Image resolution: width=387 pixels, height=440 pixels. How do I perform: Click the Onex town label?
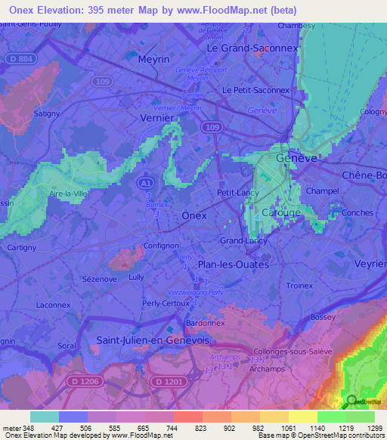(x=194, y=215)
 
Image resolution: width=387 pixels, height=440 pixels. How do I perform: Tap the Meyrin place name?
(x=153, y=59)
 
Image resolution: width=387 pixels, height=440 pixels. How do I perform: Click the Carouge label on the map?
(x=280, y=213)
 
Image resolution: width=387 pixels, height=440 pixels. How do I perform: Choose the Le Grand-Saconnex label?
(x=243, y=47)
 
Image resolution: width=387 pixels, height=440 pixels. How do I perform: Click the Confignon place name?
(x=161, y=246)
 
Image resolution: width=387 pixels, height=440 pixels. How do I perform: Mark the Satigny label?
(x=46, y=114)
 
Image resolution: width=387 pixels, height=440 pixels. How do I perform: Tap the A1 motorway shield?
(x=145, y=183)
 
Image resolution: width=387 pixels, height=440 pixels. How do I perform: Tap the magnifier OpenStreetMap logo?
(x=351, y=401)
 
